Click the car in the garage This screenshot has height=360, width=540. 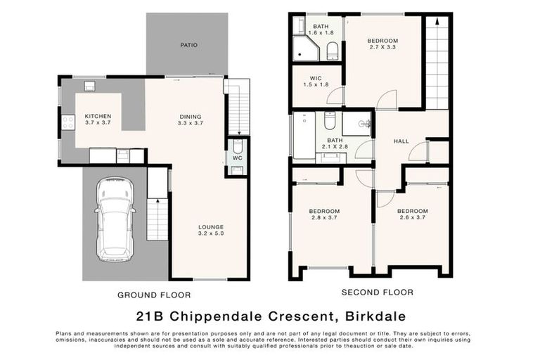[115, 219]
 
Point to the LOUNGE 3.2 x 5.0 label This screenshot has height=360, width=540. [210, 231]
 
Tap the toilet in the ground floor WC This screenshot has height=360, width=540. [238, 147]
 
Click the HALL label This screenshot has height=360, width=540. [401, 141]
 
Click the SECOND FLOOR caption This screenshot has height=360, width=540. [377, 292]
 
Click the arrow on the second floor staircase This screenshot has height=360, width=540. [437, 24]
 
